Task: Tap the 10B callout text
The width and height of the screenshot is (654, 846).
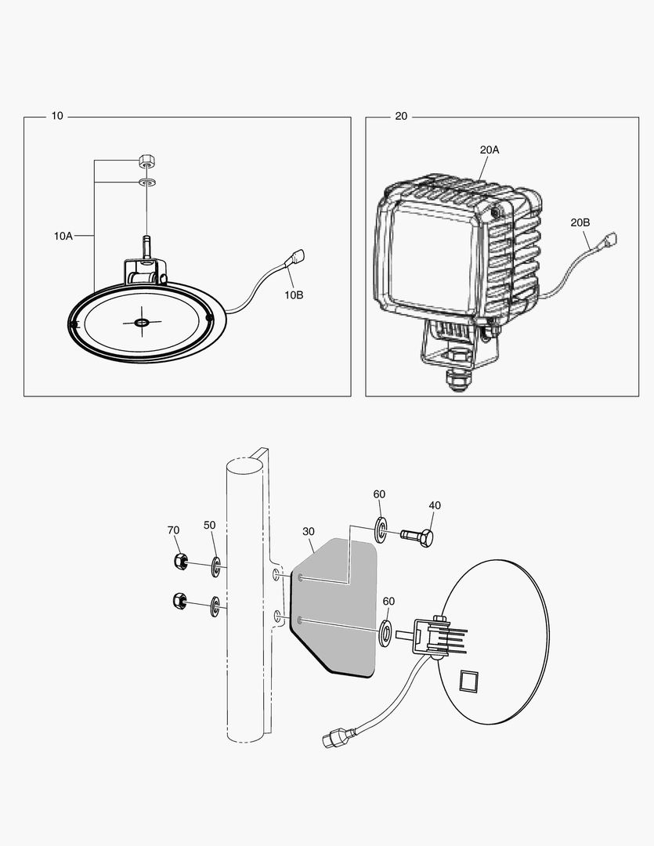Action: click(x=293, y=295)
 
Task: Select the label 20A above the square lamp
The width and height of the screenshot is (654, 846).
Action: click(x=490, y=149)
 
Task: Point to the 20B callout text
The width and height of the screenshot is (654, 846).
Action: click(x=580, y=222)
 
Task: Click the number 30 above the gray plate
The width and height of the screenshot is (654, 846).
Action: click(x=308, y=531)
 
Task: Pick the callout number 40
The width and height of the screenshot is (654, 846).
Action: click(x=435, y=505)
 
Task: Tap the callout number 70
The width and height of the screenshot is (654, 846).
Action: click(x=173, y=530)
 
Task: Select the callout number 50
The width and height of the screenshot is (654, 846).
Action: click(x=209, y=525)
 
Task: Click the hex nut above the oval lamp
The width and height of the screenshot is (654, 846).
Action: click(x=146, y=161)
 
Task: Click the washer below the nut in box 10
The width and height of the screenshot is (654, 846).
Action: click(x=146, y=183)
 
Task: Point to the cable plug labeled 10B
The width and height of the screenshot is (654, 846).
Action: click(x=298, y=256)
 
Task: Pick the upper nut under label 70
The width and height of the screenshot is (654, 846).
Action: click(x=178, y=562)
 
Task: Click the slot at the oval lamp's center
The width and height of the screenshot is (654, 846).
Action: click(x=142, y=323)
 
